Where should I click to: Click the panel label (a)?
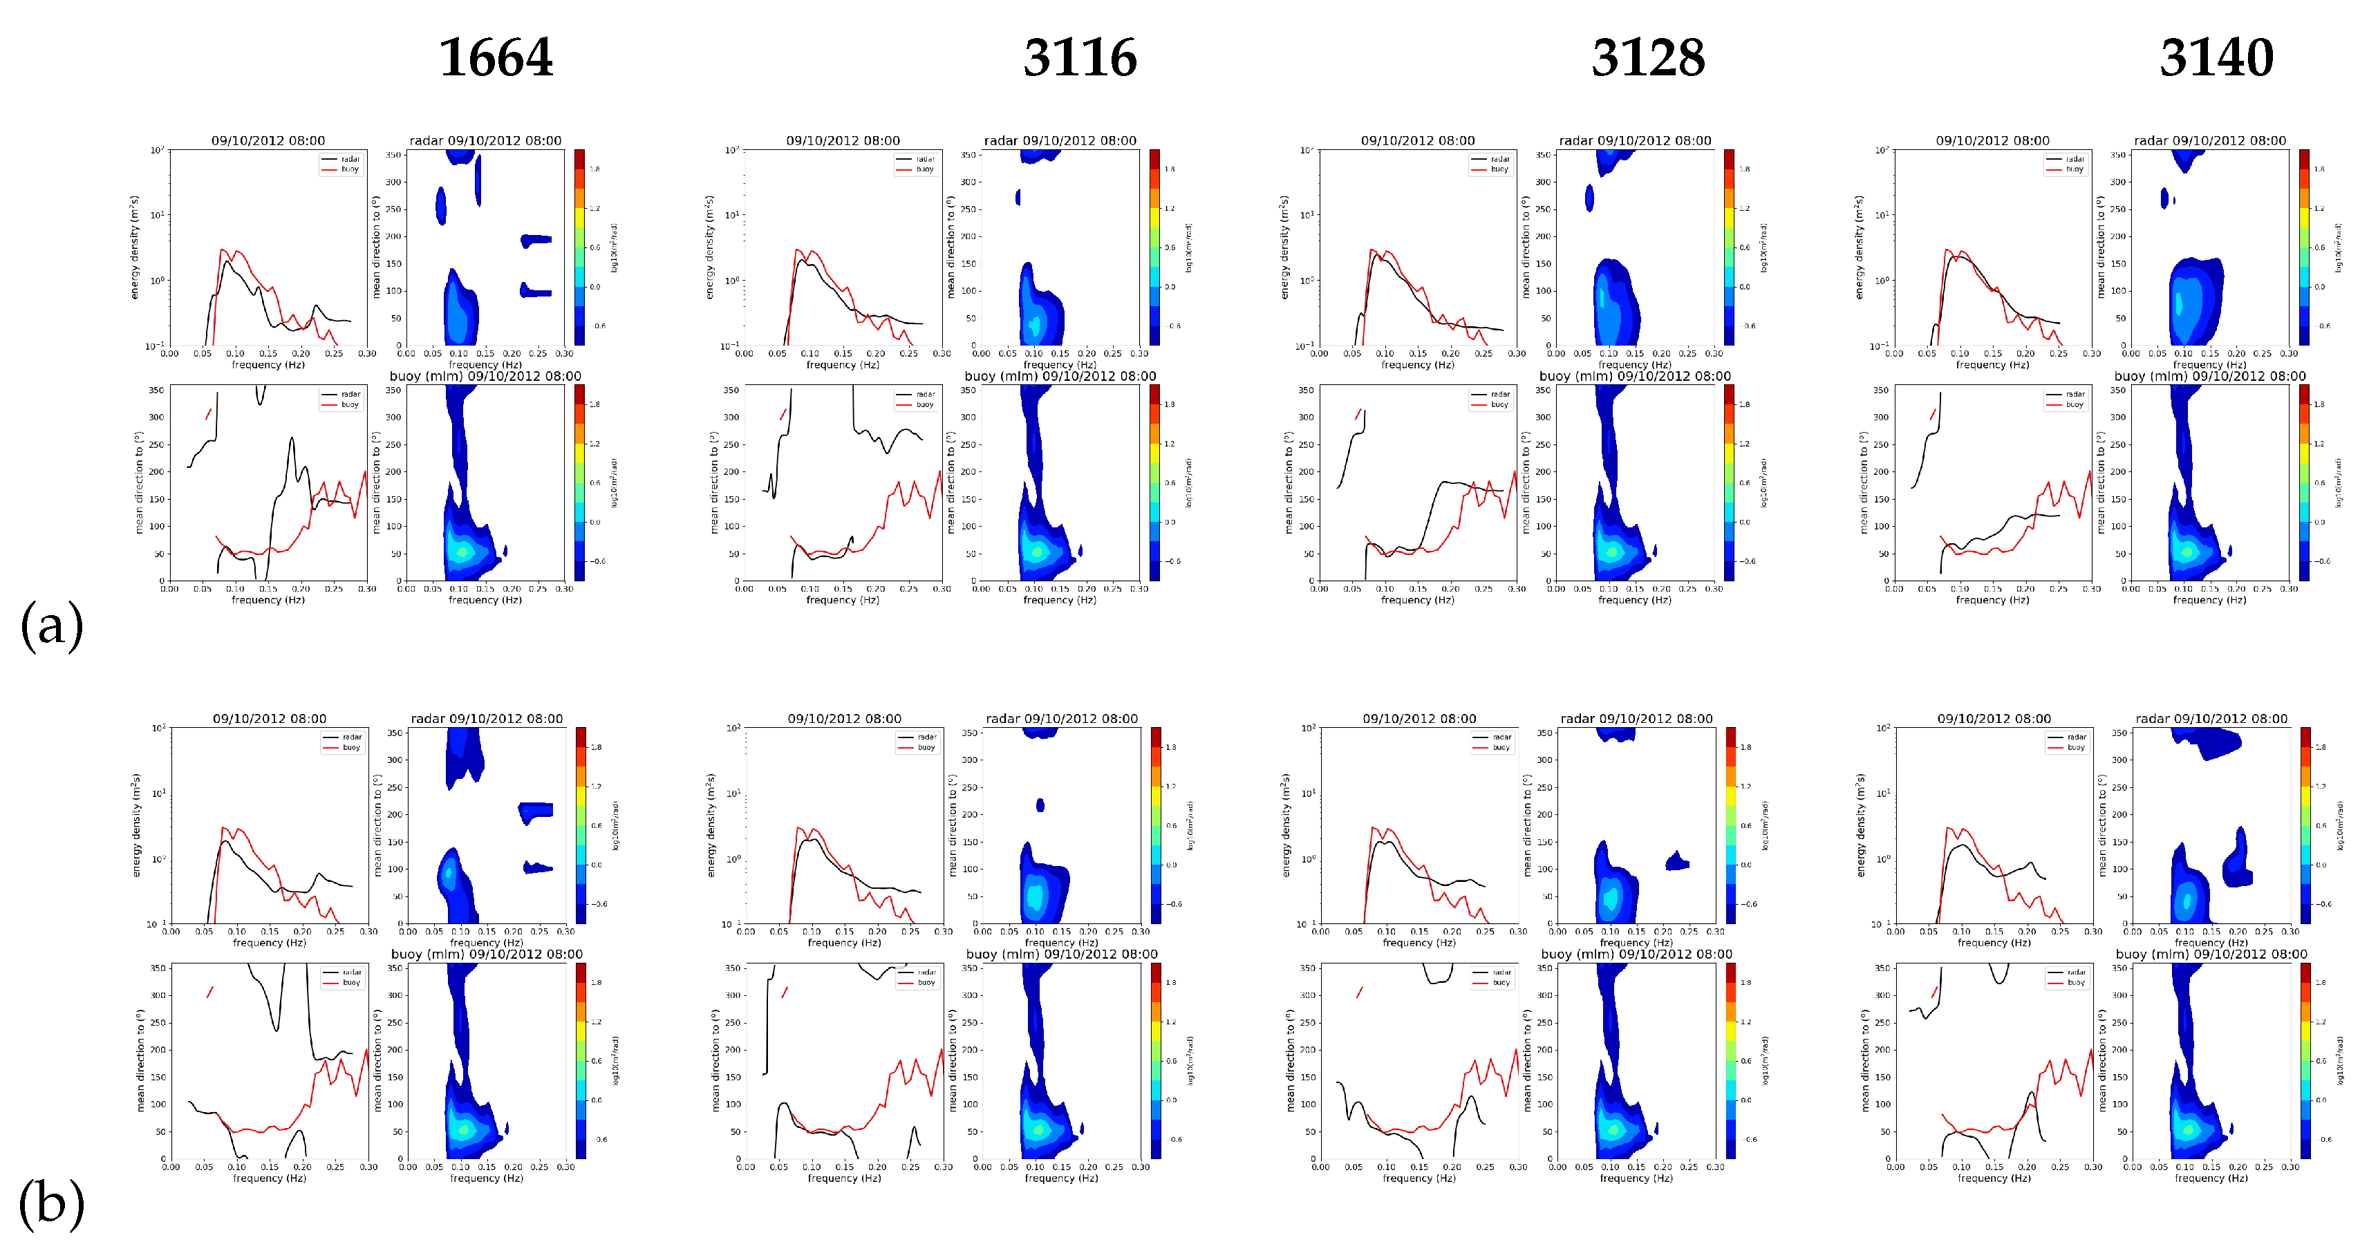point(52,625)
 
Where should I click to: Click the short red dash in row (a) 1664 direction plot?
point(209,413)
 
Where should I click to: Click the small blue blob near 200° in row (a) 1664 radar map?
point(536,240)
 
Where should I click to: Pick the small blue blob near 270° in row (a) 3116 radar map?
point(1018,196)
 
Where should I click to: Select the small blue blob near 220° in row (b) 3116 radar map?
point(1040,805)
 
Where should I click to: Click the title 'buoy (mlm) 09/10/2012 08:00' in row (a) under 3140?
point(2209,377)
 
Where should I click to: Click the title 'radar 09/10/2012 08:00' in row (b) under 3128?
point(1636,719)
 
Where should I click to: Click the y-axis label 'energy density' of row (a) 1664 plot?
point(135,247)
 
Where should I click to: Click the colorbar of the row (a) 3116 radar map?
point(1155,247)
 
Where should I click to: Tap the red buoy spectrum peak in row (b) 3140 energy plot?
point(1949,828)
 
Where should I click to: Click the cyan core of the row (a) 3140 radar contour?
point(2180,303)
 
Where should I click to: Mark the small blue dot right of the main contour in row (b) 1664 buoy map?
point(507,1128)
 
